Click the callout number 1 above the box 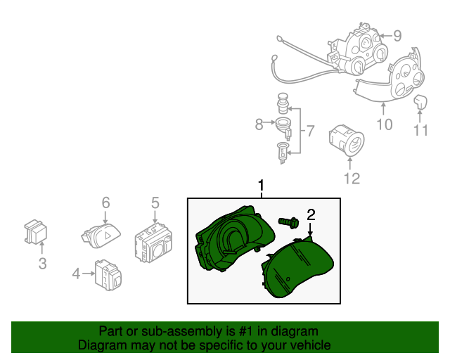261,186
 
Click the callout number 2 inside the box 311,214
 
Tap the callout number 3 42,264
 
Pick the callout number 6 105,202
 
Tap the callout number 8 259,124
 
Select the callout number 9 397,35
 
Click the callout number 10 384,124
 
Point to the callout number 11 420,130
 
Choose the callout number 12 352,179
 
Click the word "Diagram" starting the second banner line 100,345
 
